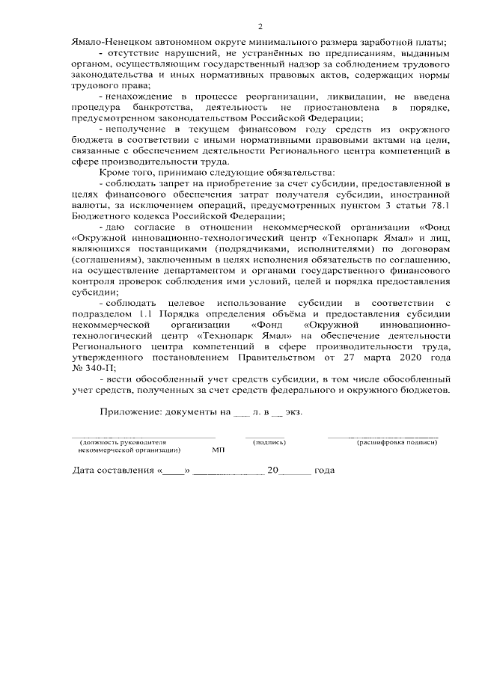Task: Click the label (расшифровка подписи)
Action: (397, 443)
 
